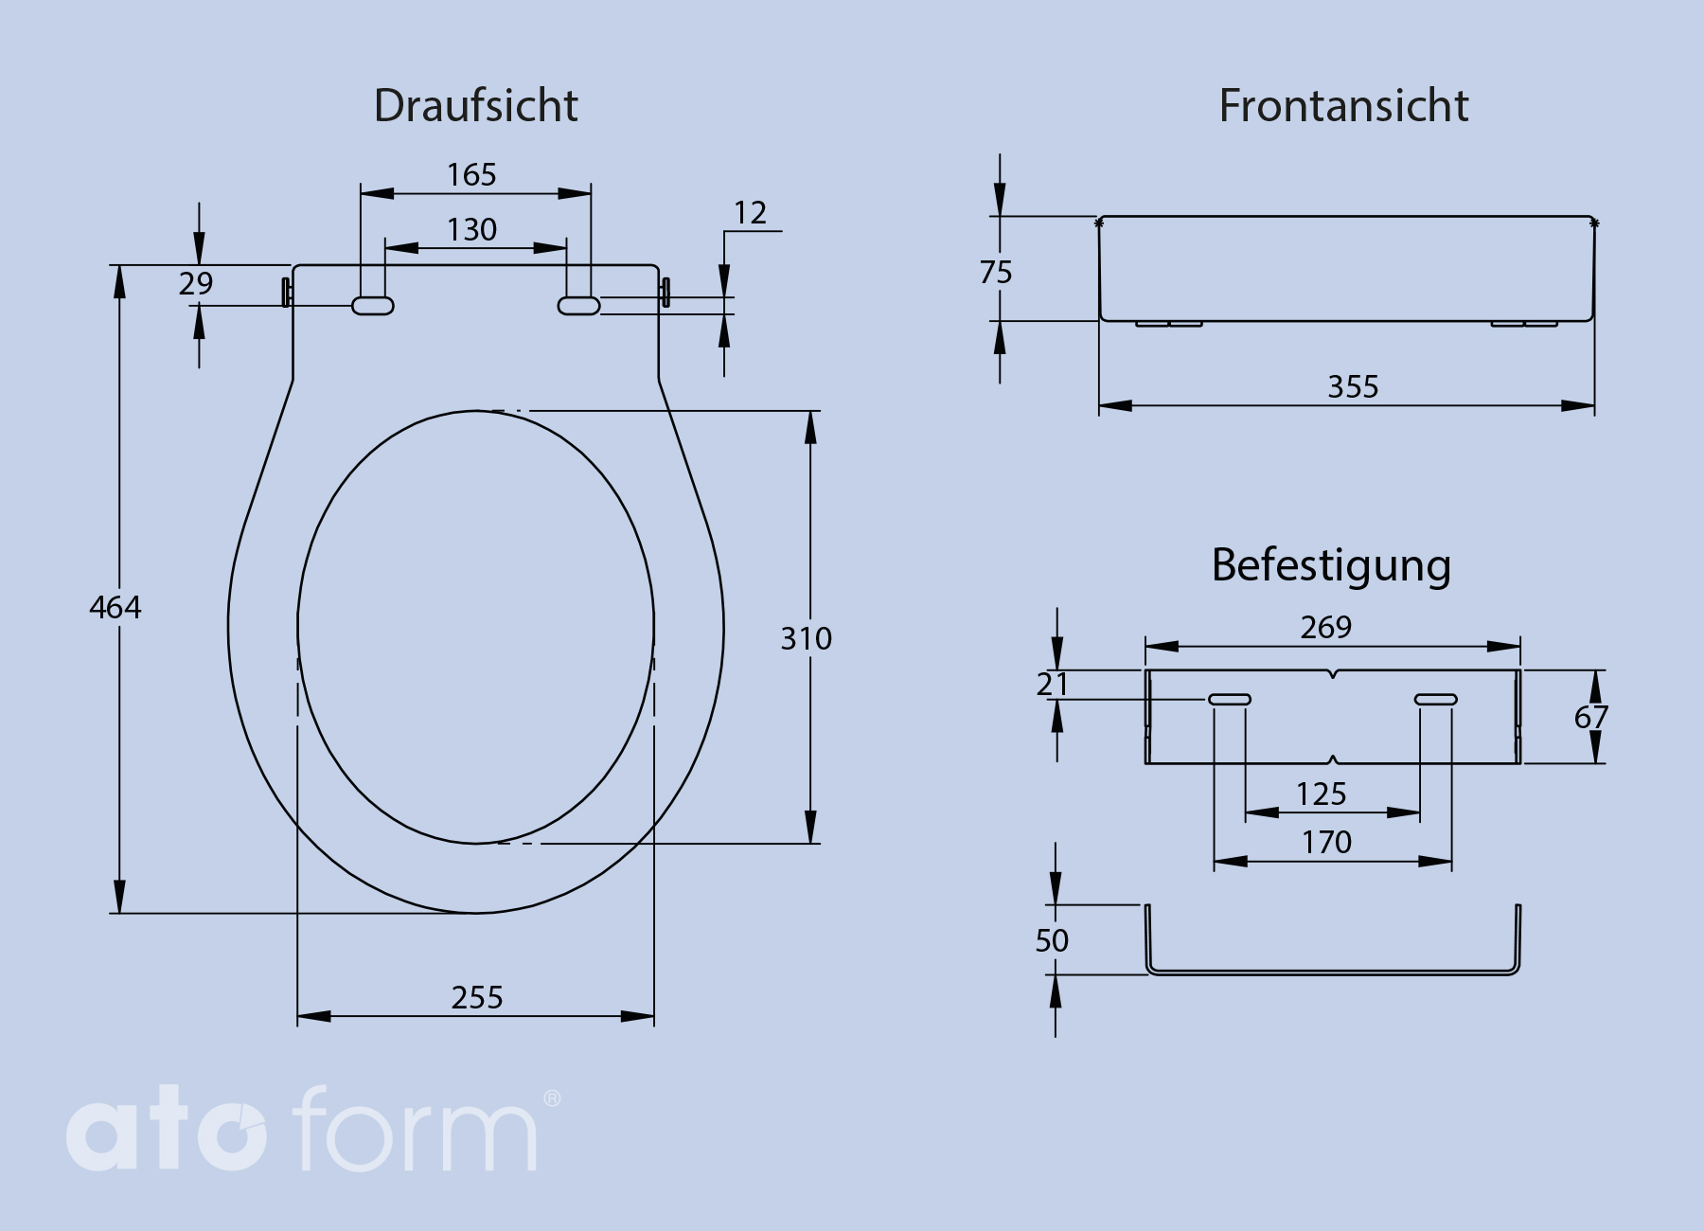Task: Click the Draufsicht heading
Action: pos(475,106)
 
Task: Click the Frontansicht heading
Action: pos(1343,106)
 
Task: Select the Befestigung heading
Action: pos(1331,566)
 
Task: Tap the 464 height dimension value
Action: pos(115,607)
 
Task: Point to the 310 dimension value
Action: pos(806,639)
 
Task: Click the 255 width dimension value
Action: pos(477,998)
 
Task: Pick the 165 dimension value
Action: pos(471,175)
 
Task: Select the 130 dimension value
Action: pos(471,230)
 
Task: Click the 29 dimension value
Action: pos(196,283)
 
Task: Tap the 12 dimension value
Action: pos(750,213)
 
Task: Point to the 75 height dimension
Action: pos(996,273)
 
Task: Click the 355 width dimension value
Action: pos(1353,387)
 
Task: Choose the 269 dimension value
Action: pos(1326,628)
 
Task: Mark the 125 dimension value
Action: pos(1321,794)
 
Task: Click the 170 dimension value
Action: pos(1326,843)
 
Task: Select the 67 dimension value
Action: pos(1590,718)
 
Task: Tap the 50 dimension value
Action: pos(1052,941)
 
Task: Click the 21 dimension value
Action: pos(1052,685)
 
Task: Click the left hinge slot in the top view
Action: pos(373,306)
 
